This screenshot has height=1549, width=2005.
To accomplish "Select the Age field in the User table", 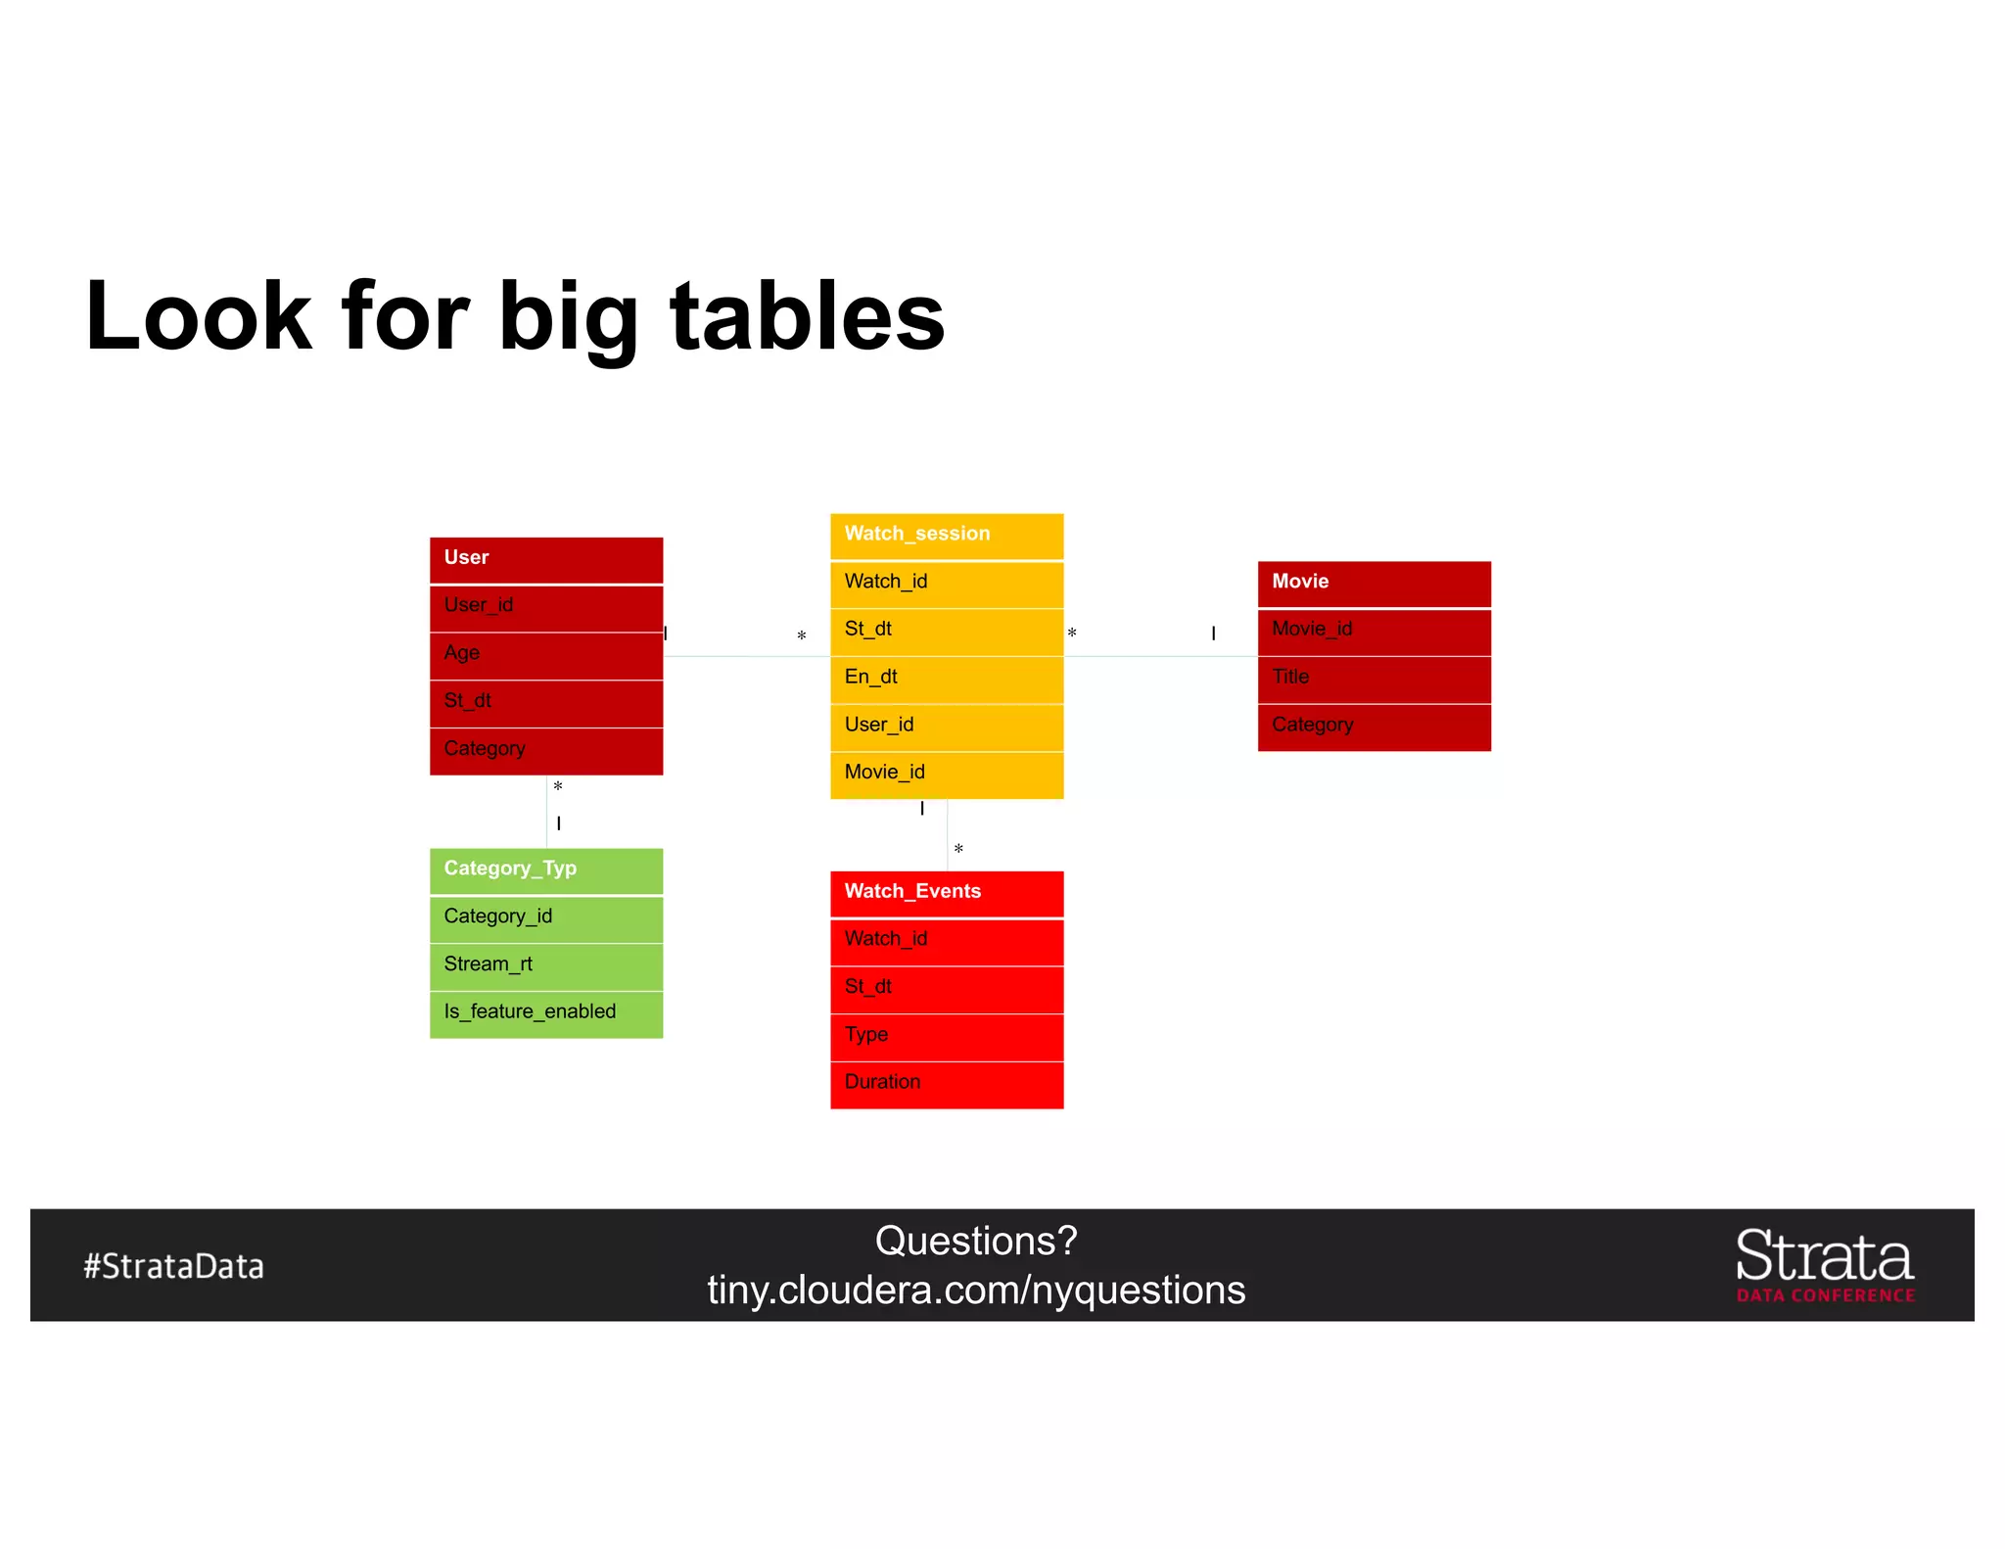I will (x=545, y=654).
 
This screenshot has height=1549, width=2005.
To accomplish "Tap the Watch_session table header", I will (x=946, y=535).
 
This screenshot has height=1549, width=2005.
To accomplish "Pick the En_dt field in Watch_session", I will (x=946, y=678).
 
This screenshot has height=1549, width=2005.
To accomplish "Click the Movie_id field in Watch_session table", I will (x=946, y=774).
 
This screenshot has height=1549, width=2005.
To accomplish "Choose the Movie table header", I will (x=1374, y=583).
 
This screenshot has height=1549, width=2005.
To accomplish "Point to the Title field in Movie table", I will (x=1374, y=678).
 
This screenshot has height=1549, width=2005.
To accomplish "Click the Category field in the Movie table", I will (x=1374, y=726).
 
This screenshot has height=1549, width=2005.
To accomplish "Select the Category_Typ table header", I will (x=545, y=869).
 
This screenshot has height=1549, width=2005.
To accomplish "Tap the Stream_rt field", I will (x=545, y=965).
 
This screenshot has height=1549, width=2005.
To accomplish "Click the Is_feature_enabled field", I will (x=545, y=1012).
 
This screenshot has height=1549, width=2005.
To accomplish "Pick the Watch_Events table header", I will (x=946, y=892).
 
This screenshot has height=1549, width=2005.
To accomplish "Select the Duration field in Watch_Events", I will (x=946, y=1083).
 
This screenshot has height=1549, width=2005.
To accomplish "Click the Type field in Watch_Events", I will (x=946, y=1036).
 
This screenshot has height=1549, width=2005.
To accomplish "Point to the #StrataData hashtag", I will (x=173, y=1266).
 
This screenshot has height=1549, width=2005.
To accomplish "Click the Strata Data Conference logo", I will (x=1825, y=1265).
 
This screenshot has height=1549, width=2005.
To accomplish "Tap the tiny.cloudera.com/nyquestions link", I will (x=976, y=1291).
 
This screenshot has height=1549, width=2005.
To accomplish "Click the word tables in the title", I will (x=807, y=316).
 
